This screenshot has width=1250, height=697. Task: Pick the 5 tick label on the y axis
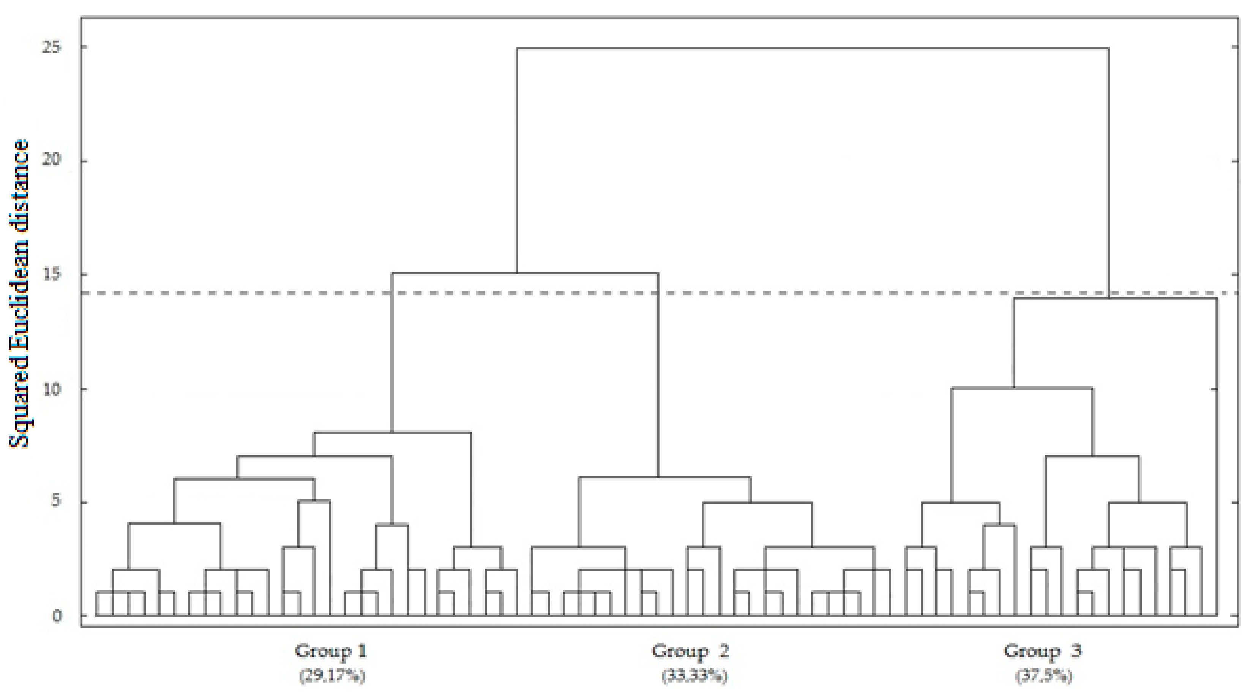pos(56,501)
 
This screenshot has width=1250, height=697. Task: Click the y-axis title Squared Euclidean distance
pos(19,294)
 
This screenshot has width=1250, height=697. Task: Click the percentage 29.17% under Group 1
pos(332,675)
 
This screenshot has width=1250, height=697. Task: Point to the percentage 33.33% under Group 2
pos(694,675)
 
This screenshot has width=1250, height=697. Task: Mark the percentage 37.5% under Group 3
pos(1044,675)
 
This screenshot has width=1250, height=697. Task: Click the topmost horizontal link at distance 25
pos(813,48)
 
